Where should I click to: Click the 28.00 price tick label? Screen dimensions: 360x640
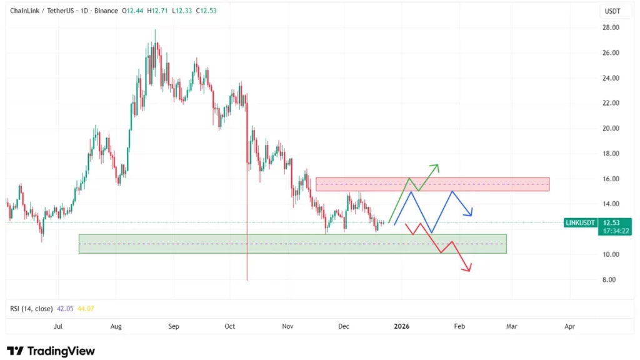click(x=611, y=27)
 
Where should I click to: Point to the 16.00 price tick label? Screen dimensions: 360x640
click(x=611, y=179)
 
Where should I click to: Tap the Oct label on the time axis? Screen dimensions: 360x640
click(x=229, y=326)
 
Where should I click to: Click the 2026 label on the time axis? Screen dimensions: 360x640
click(x=402, y=326)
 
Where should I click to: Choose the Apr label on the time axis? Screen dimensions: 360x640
click(x=569, y=326)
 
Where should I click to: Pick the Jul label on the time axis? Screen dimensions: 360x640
click(x=58, y=326)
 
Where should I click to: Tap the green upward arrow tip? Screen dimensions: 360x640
click(x=437, y=165)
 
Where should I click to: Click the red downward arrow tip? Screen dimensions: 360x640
click(x=468, y=271)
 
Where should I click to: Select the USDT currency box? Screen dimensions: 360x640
click(x=611, y=11)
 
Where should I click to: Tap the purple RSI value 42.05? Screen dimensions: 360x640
click(x=66, y=309)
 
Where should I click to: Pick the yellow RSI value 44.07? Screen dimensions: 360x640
click(x=86, y=309)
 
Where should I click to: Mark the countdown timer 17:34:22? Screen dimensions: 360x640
click(x=615, y=231)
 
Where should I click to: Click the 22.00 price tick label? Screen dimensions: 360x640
click(x=611, y=103)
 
